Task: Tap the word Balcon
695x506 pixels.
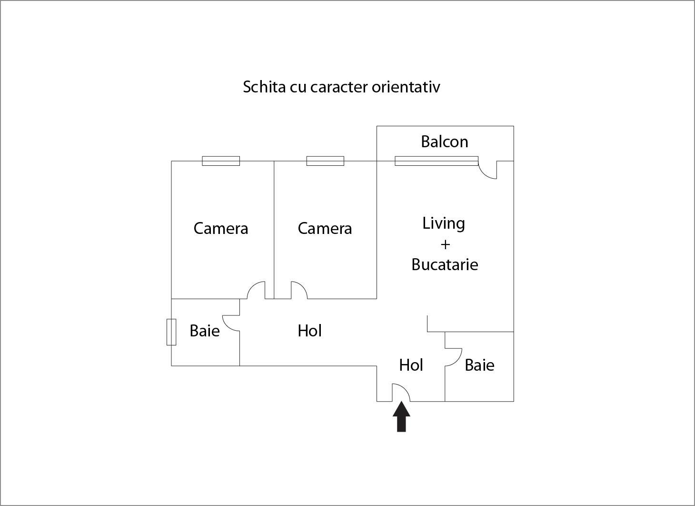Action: [x=444, y=142]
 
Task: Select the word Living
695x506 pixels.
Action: [x=444, y=223]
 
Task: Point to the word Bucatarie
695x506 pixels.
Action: [x=445, y=264]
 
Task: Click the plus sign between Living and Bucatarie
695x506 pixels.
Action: [x=445, y=244]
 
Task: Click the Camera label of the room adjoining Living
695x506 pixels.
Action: [x=325, y=228]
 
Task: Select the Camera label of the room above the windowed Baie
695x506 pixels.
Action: [x=220, y=228]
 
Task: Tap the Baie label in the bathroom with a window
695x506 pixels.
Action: [x=205, y=331]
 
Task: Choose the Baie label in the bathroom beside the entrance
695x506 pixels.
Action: [x=479, y=365]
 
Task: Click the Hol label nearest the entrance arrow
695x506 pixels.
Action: [x=411, y=365]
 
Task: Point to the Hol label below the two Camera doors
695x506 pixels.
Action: [x=309, y=331]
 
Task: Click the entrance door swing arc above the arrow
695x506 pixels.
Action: [x=401, y=392]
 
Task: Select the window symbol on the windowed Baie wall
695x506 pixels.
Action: [x=171, y=332]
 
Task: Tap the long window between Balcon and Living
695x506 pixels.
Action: [x=437, y=161]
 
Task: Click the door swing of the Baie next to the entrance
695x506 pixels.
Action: [x=454, y=357]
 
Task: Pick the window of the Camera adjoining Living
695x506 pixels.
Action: [x=325, y=161]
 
